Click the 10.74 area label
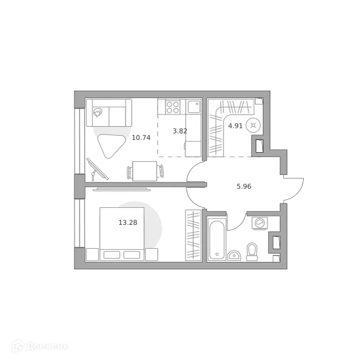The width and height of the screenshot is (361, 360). point(141,137)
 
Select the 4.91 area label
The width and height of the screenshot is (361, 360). point(235,126)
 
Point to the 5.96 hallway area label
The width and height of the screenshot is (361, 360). point(244,186)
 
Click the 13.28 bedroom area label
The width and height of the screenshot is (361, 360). point(127,223)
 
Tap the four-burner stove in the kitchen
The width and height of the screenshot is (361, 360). point(173,107)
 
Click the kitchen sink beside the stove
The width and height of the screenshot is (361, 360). point(192,107)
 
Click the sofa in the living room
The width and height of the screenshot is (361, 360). point(109,112)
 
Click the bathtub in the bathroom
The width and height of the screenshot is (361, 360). point(216,238)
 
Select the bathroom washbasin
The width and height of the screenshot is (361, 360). point(234,256)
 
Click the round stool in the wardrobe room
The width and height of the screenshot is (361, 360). point(254,126)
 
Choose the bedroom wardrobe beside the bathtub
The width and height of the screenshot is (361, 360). point(192,235)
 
